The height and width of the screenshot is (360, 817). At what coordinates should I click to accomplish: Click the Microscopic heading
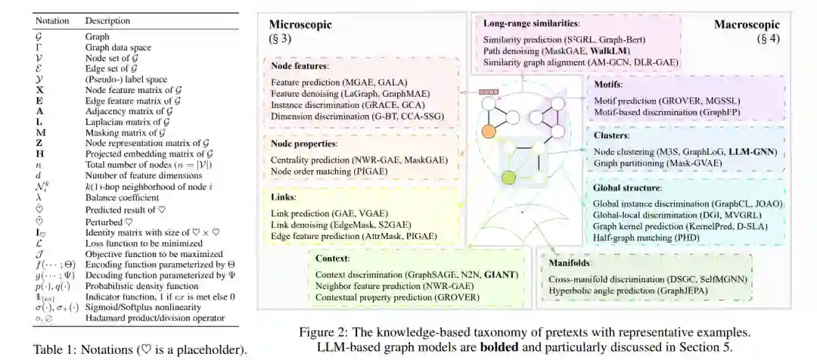[301, 25]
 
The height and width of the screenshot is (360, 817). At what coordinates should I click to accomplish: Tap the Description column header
[107, 20]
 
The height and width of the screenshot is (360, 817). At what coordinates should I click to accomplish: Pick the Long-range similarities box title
[530, 23]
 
